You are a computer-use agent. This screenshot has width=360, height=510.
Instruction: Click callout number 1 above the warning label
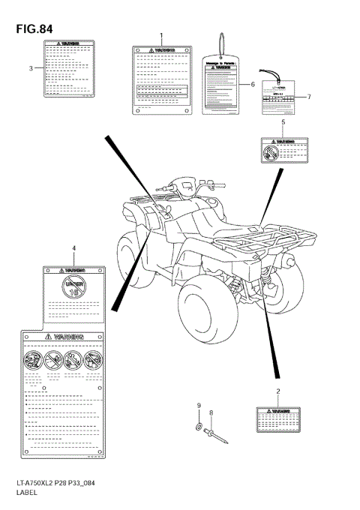[x=160, y=37]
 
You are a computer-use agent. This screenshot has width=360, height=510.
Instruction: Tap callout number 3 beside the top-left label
[x=31, y=68]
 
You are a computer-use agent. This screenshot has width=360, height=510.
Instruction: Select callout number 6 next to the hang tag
[x=253, y=85]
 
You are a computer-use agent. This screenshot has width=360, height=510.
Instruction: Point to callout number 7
[x=308, y=97]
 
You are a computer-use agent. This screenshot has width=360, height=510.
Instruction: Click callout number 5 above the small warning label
[x=283, y=121]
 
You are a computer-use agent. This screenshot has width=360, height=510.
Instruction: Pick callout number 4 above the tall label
[x=73, y=247]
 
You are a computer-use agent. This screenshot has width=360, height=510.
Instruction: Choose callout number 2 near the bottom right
[x=278, y=391]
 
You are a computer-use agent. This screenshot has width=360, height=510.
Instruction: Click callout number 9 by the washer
[x=199, y=406]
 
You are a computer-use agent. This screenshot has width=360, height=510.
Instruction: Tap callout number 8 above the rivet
[x=211, y=412]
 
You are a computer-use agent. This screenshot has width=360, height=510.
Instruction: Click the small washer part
[x=197, y=427]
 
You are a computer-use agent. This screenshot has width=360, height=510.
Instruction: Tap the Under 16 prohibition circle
[x=73, y=286]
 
